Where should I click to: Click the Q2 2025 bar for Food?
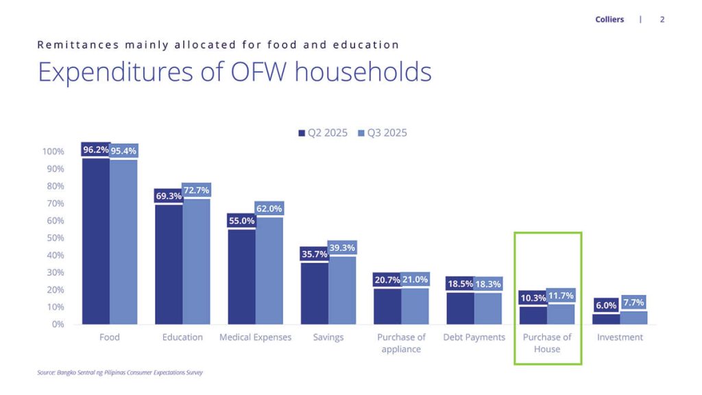(95, 240)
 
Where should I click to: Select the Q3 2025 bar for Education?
(196, 261)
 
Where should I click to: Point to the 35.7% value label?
(315, 254)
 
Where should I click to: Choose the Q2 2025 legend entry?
(323, 132)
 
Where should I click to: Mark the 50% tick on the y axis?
(55, 238)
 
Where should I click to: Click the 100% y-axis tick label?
(53, 152)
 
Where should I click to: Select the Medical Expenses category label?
(255, 337)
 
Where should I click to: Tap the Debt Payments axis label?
(474, 337)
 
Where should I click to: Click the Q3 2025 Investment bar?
(633, 318)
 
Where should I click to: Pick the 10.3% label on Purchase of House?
(533, 298)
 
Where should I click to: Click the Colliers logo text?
(609, 19)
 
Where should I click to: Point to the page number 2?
(662, 19)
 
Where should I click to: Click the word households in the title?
(363, 72)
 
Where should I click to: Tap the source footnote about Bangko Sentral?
(120, 373)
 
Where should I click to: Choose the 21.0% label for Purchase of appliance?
(415, 280)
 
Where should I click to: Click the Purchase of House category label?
(547, 343)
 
